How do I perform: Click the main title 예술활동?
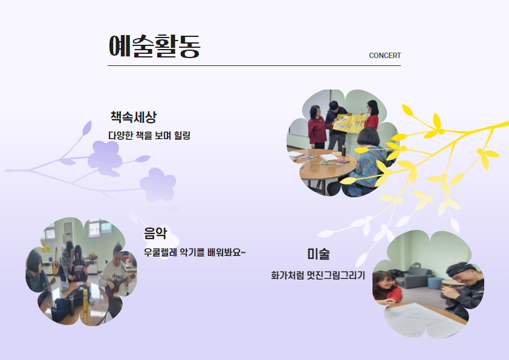click(x=155, y=46)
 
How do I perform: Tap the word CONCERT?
click(x=384, y=56)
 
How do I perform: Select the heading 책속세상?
click(x=134, y=117)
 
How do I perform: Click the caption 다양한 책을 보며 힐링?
click(x=149, y=135)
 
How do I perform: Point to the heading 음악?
click(x=155, y=234)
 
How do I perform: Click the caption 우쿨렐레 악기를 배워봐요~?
click(x=195, y=252)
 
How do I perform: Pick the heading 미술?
click(x=319, y=254)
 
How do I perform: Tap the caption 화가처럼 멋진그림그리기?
click(x=318, y=275)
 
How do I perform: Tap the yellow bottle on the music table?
click(x=85, y=301)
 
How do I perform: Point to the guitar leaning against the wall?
click(x=56, y=263)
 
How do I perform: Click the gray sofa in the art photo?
click(x=412, y=277)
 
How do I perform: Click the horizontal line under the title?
click(x=254, y=65)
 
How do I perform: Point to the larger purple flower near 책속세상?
click(x=105, y=158)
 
